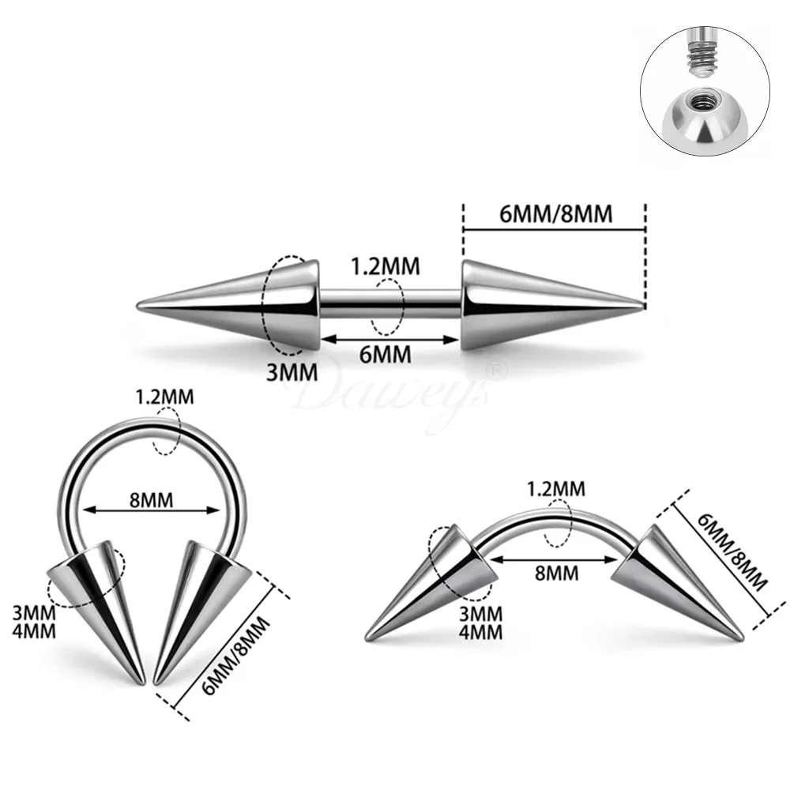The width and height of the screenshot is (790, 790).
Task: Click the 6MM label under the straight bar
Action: [385, 355]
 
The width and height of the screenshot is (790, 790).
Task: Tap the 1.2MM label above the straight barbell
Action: [386, 266]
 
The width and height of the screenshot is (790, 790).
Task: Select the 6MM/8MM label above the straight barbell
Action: [555, 214]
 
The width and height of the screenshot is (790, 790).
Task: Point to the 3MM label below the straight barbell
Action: [292, 373]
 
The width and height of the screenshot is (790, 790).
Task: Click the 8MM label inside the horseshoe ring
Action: [151, 500]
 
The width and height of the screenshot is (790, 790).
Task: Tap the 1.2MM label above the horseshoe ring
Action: [165, 397]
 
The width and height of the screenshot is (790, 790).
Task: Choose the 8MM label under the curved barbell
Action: [557, 574]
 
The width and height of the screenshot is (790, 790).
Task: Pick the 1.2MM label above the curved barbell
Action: [556, 489]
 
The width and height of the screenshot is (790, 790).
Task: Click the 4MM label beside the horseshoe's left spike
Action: [34, 631]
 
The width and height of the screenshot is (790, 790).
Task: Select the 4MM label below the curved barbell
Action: [480, 632]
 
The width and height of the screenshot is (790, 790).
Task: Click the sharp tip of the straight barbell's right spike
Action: [643, 305]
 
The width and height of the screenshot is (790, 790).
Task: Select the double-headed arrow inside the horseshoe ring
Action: [152, 510]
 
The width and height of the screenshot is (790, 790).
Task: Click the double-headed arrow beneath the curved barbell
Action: [553, 559]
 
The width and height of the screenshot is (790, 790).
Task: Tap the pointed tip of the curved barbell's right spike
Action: [741, 639]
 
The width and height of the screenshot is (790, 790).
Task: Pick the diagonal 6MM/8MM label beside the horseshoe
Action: [235, 656]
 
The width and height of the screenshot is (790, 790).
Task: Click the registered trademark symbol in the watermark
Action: [496, 371]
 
